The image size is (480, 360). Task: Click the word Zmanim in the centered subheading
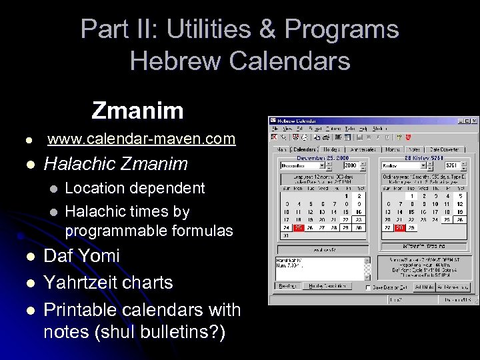click(x=137, y=110)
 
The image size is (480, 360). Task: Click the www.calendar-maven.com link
click(x=141, y=139)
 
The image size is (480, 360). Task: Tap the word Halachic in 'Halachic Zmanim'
click(x=80, y=163)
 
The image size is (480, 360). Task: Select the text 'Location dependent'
click(x=135, y=188)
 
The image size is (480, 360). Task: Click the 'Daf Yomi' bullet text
click(x=81, y=256)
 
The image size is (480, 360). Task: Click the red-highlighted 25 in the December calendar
click(x=298, y=228)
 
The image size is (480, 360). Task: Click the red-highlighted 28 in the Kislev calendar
click(x=399, y=228)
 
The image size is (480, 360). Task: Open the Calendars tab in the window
click(x=305, y=150)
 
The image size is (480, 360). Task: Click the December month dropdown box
click(x=301, y=165)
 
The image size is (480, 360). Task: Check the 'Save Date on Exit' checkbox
click(x=370, y=287)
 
